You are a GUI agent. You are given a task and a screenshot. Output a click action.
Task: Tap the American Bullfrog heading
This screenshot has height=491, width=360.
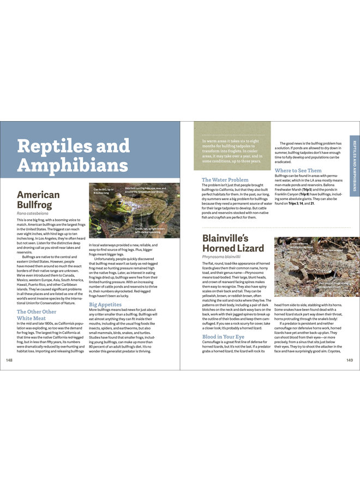[38, 200]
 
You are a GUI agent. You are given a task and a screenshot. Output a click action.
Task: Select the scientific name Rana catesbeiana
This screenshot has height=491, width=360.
[32, 213]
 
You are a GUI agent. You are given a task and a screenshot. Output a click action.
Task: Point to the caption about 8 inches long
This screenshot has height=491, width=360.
[104, 191]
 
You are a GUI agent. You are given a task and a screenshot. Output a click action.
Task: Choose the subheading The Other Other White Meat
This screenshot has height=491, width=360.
[37, 315]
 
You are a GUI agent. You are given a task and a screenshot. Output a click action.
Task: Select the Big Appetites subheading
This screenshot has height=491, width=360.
[105, 304]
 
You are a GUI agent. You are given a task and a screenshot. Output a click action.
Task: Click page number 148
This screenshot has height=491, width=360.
[9, 360]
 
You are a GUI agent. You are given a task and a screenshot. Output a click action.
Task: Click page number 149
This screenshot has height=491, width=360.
[350, 360]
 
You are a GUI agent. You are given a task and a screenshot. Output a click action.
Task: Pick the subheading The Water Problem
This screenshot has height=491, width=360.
[225, 179]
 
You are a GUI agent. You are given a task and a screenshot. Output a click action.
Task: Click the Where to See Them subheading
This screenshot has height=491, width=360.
[298, 171]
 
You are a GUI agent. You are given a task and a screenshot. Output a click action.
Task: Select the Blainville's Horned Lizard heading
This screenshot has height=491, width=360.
[233, 243]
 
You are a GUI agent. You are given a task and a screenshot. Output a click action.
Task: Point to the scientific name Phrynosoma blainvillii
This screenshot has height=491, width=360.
[221, 256]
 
